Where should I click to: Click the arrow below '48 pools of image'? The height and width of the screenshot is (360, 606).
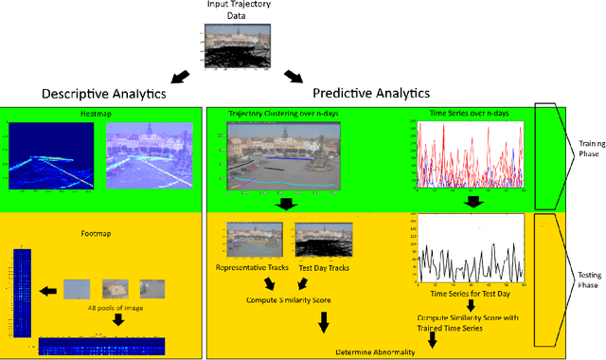click(118, 320)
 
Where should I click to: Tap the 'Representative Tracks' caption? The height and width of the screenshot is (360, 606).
click(254, 267)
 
